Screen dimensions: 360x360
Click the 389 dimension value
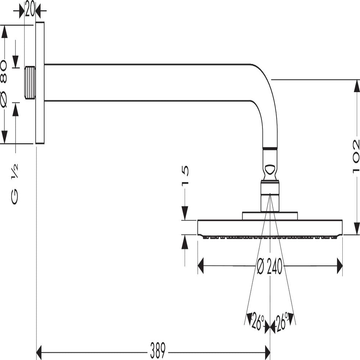click(x=158, y=351)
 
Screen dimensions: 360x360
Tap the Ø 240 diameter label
click(x=270, y=266)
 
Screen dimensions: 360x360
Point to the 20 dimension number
click(x=30, y=9)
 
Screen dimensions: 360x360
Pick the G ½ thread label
click(x=14, y=184)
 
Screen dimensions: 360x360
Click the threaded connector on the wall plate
click(x=30, y=83)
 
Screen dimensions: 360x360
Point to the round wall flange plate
click(x=40, y=83)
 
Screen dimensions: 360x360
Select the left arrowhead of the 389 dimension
click(x=39, y=352)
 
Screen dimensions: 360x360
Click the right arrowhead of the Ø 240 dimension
click(x=339, y=266)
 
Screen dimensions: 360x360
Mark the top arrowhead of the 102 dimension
click(x=357, y=86)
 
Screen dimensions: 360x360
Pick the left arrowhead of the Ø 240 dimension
click(x=201, y=266)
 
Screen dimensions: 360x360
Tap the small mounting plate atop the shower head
click(x=270, y=216)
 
